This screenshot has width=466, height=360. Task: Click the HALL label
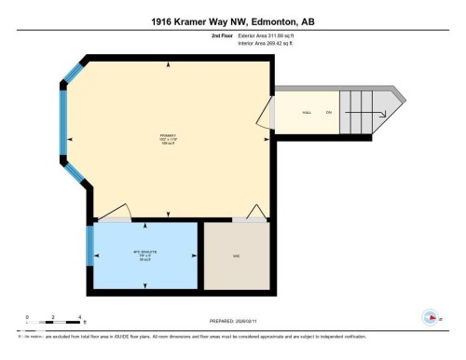click(306, 113)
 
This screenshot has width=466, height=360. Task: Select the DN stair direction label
click(328, 113)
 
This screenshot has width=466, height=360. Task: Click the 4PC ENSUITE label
click(143, 255)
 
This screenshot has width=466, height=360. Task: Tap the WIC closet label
click(237, 255)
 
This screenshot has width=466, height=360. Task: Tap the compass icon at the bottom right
click(431, 316)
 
